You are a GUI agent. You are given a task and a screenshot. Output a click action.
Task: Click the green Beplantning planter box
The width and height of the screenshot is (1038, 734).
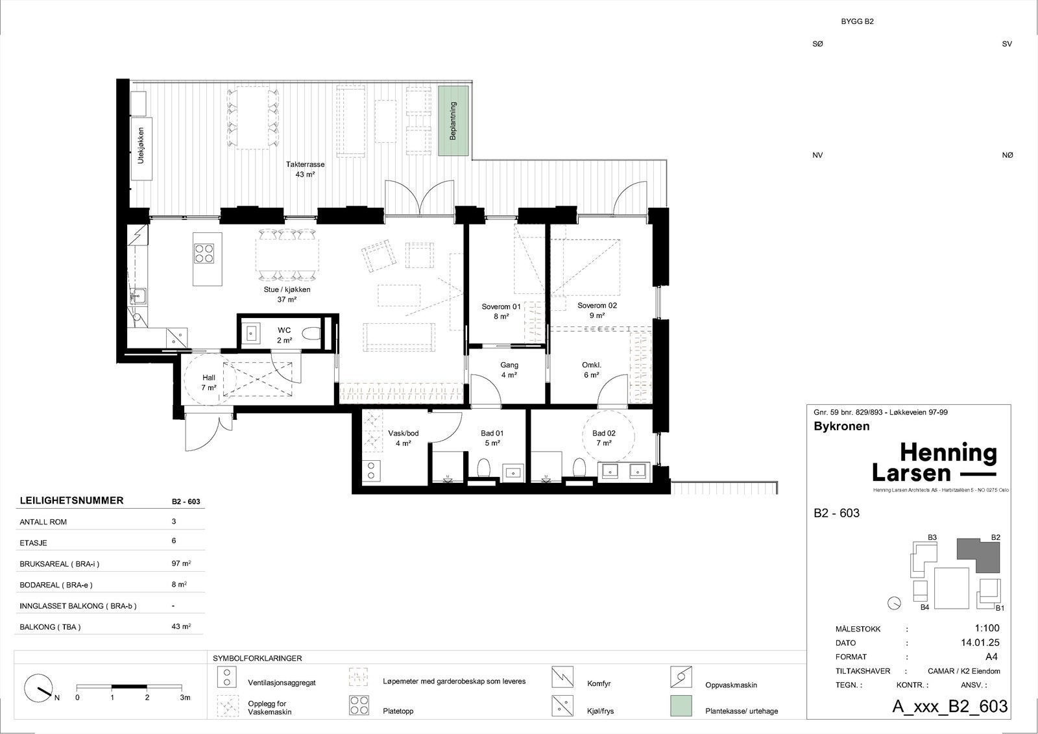pos(453,121)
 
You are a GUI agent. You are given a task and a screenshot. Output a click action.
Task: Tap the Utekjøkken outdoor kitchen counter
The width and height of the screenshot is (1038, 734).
pos(141,149)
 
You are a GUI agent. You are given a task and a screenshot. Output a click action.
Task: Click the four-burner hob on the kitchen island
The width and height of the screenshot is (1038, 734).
pos(204,254)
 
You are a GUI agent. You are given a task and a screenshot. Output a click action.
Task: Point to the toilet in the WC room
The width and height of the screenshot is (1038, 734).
pos(311,334)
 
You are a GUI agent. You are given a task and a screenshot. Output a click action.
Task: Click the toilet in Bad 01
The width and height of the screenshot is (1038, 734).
pos(483,467)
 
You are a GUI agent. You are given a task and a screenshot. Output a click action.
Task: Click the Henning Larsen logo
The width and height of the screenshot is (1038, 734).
pos(934,462)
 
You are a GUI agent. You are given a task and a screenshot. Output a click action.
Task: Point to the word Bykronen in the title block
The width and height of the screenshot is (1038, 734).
pos(841,426)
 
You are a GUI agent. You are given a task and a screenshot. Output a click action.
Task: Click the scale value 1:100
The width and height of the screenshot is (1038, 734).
pos(987,628)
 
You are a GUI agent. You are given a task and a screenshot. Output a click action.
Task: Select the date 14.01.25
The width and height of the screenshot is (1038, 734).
pos(980,642)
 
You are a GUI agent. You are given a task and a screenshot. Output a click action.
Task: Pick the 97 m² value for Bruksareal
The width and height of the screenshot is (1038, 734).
pos(181,563)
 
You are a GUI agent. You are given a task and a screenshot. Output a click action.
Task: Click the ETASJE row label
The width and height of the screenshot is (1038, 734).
pos(33,543)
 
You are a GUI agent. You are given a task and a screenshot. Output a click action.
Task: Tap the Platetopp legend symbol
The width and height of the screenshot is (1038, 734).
pos(359,705)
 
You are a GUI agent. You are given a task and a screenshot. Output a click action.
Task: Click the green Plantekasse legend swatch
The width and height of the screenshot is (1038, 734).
pos(681,705)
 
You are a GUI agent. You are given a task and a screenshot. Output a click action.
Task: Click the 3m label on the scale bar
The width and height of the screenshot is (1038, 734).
pos(185,698)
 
